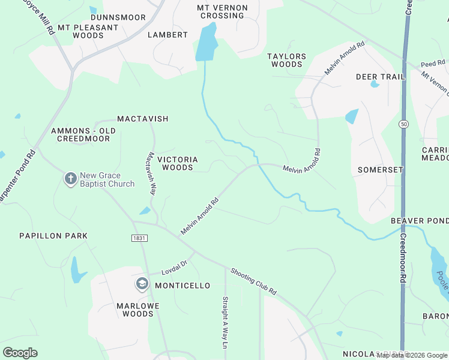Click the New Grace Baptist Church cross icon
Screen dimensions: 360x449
click(70, 178)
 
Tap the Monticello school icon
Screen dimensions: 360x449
click(142, 284)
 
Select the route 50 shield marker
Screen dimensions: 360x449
click(403, 124)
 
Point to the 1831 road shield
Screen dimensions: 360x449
click(139, 238)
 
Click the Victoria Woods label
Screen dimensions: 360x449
click(178, 163)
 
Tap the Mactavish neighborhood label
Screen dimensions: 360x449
click(143, 119)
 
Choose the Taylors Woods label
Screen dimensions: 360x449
click(287, 60)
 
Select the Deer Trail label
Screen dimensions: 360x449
click(381, 77)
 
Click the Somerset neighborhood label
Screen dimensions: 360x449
click(381, 170)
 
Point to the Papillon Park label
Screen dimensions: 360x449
click(53, 236)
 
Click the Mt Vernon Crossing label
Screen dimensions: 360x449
click(221, 11)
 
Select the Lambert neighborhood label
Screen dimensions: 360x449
click(168, 35)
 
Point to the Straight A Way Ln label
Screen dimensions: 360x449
click(226, 322)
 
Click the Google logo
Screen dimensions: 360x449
click(20, 353)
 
